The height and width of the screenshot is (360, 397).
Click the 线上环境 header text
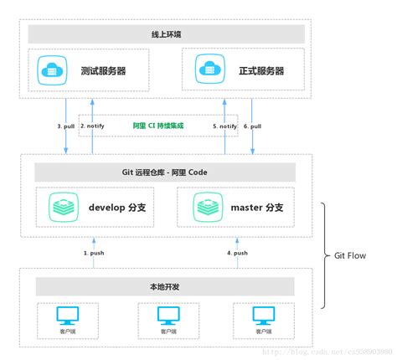point(164,34)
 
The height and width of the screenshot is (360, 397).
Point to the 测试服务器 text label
point(103,71)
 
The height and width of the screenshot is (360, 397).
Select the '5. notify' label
point(225,126)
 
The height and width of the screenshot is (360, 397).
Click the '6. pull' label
point(252,126)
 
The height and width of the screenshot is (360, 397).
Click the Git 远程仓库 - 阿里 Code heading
point(164,172)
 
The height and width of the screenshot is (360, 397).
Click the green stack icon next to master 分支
point(208,206)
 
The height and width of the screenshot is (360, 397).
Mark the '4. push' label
point(237,252)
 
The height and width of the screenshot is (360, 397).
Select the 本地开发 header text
point(164,286)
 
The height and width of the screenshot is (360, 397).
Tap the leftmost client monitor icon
point(67,316)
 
